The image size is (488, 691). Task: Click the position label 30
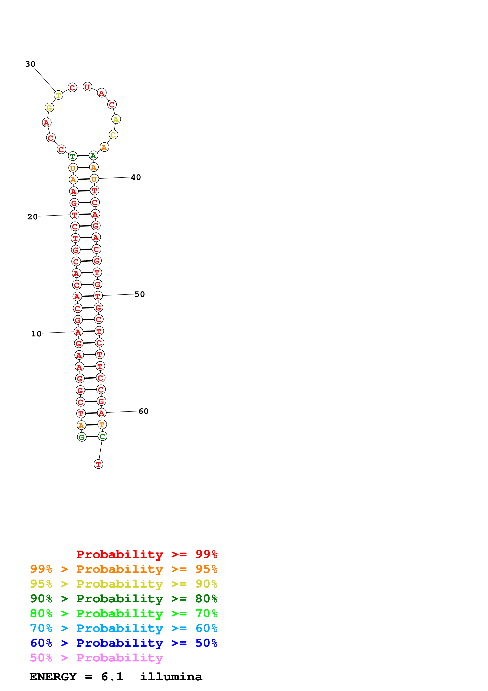click(30, 64)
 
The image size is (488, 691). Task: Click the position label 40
click(136, 177)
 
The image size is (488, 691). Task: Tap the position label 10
click(36, 334)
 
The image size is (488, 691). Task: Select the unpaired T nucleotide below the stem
click(98, 464)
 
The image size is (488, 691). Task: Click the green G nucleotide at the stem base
click(82, 437)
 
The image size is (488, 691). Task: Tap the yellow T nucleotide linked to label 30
click(58, 95)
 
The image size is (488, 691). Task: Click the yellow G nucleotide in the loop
click(49, 107)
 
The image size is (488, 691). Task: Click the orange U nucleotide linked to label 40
click(94, 179)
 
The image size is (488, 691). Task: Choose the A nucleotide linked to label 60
click(102, 413)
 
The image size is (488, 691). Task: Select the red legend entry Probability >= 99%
click(147, 554)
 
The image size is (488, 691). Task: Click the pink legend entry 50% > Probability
click(96, 658)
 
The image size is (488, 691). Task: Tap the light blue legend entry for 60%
click(124, 628)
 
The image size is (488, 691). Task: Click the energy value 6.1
click(112, 677)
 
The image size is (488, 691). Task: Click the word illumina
click(171, 677)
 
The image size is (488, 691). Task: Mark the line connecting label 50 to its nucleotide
click(118, 295)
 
